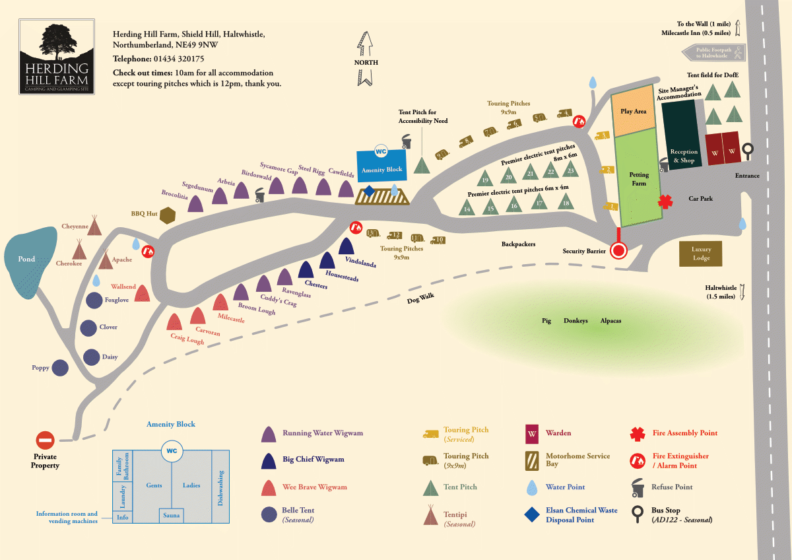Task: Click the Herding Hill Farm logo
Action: coord(56,57)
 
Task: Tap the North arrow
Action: coord(365,59)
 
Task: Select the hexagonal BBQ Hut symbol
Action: coord(169,215)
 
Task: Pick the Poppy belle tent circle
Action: coord(60,368)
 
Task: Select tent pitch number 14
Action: coord(467,207)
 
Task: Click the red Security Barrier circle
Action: coord(618,251)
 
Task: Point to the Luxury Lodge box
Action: coord(701,254)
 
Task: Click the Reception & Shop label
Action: coord(683,156)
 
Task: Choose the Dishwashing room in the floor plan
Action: coord(220,487)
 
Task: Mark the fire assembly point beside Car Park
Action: coord(665,201)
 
